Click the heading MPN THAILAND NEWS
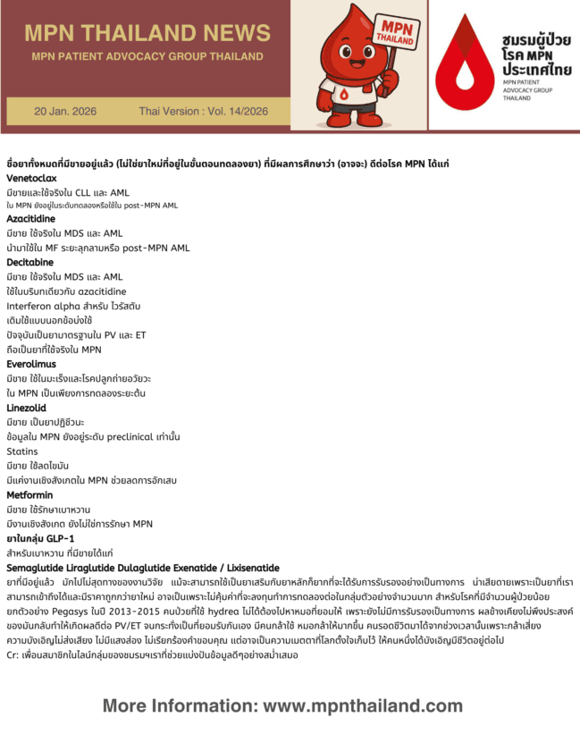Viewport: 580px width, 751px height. [147, 33]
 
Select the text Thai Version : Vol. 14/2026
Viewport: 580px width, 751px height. [203, 112]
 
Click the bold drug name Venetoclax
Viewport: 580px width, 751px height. [32, 179]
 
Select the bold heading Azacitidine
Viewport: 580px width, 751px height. [29, 219]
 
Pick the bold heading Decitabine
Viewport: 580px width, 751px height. [29, 263]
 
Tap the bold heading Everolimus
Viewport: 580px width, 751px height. [31, 365]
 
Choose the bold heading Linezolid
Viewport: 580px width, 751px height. [28, 408]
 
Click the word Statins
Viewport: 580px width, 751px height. [21, 451]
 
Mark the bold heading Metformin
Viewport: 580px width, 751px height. [29, 494]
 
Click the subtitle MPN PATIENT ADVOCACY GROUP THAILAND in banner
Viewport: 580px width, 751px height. [147, 56]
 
